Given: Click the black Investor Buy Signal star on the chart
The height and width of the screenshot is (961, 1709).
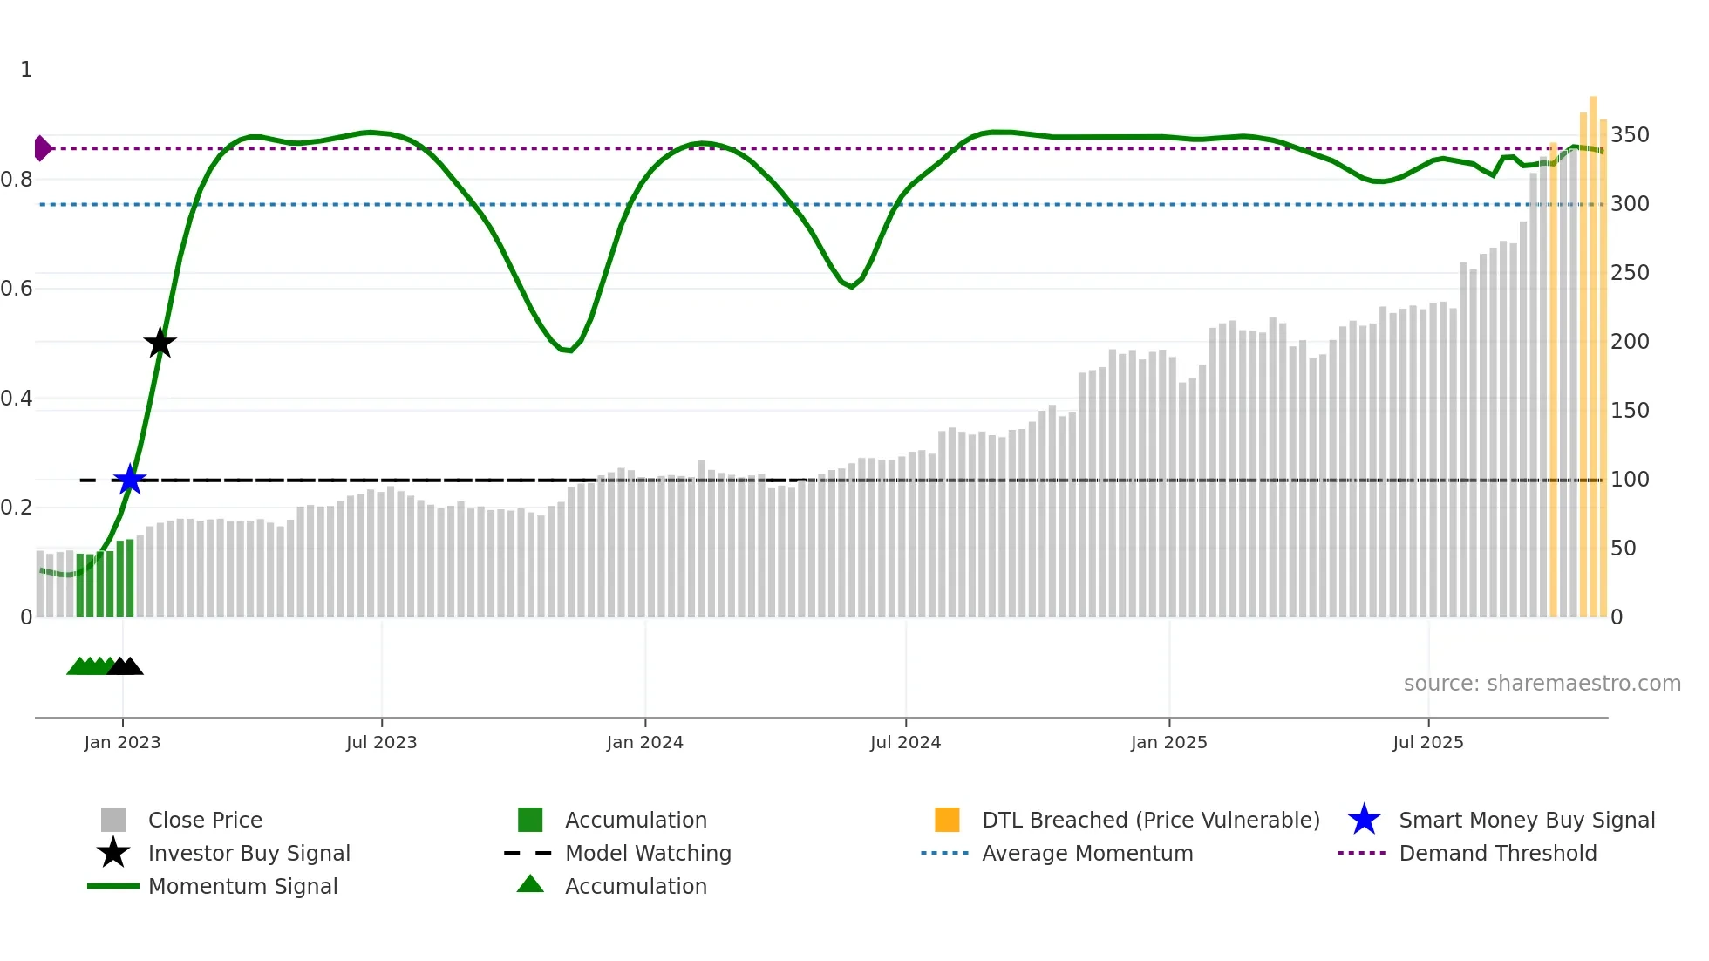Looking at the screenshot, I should coord(160,343).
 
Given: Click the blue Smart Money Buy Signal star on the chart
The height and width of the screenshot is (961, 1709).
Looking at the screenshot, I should coord(130,480).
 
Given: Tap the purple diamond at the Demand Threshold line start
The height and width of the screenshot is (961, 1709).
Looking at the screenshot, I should coord(41,148).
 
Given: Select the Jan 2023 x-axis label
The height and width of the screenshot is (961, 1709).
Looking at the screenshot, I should coord(122,742).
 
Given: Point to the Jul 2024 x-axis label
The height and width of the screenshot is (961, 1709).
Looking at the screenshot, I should coord(905,742).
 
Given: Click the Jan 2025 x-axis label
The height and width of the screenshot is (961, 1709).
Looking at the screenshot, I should coord(1168,742).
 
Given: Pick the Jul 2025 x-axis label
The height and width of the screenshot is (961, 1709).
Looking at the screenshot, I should coord(1427,742).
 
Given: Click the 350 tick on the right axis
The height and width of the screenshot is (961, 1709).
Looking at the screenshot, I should coord(1629,135).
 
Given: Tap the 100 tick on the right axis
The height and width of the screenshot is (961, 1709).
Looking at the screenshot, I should coord(1629,480).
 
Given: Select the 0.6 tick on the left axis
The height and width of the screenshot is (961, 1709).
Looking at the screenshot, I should coord(17,289).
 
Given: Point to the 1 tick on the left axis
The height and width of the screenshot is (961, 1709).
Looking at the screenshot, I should coord(26,70).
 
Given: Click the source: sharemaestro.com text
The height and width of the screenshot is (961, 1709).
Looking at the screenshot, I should coord(1542,684).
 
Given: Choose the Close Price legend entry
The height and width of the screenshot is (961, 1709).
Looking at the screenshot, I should coord(205,820).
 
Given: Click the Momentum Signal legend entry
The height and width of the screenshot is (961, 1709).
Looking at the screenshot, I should coord(242,886).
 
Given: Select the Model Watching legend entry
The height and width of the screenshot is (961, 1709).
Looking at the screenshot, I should coord(648,853).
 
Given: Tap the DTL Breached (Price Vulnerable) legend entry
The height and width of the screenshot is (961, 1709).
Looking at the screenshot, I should coord(1150,820).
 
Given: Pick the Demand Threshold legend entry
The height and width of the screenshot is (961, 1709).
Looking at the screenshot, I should coord(1497,853).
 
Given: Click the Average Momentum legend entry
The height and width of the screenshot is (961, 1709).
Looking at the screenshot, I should coord(1087,853).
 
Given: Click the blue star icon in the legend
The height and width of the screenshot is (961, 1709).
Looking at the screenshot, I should coord(1364,820).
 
